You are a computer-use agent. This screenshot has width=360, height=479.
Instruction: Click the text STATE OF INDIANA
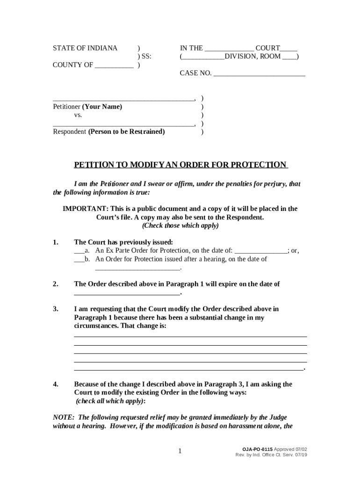click(85, 48)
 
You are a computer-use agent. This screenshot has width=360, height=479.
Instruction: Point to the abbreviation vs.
click(78, 115)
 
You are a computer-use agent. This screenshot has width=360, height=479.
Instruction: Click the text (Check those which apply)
click(180, 225)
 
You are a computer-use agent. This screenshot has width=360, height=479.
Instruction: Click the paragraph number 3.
click(55, 309)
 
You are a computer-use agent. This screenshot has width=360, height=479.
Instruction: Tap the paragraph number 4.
click(55, 385)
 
